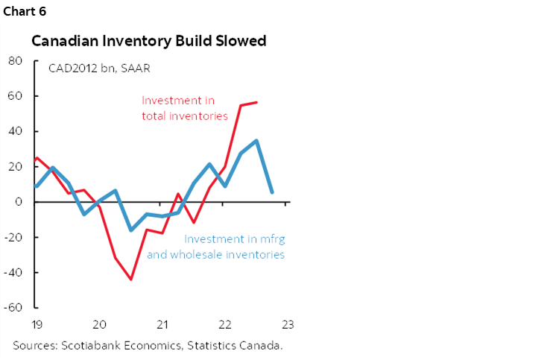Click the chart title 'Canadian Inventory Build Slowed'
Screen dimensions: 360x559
(x=148, y=41)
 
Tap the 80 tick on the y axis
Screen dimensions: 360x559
(x=16, y=61)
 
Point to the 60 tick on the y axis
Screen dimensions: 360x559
(x=16, y=96)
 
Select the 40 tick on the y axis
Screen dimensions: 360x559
(x=16, y=131)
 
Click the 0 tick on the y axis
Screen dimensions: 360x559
(x=19, y=202)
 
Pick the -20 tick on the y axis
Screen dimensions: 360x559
(x=13, y=237)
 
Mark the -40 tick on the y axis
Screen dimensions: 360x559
(x=13, y=272)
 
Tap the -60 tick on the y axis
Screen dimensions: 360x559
(x=13, y=307)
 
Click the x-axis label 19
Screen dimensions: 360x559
(x=36, y=324)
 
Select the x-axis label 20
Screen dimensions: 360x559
(x=98, y=324)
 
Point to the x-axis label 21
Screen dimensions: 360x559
(x=161, y=324)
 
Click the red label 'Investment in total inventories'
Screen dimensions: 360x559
(x=184, y=107)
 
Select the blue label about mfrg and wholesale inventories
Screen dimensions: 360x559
(x=235, y=247)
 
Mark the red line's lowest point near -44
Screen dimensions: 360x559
(x=131, y=280)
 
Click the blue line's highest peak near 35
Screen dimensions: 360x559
(x=256, y=140)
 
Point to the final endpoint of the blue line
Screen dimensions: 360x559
(x=272, y=192)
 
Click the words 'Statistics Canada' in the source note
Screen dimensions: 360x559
(x=240, y=344)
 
